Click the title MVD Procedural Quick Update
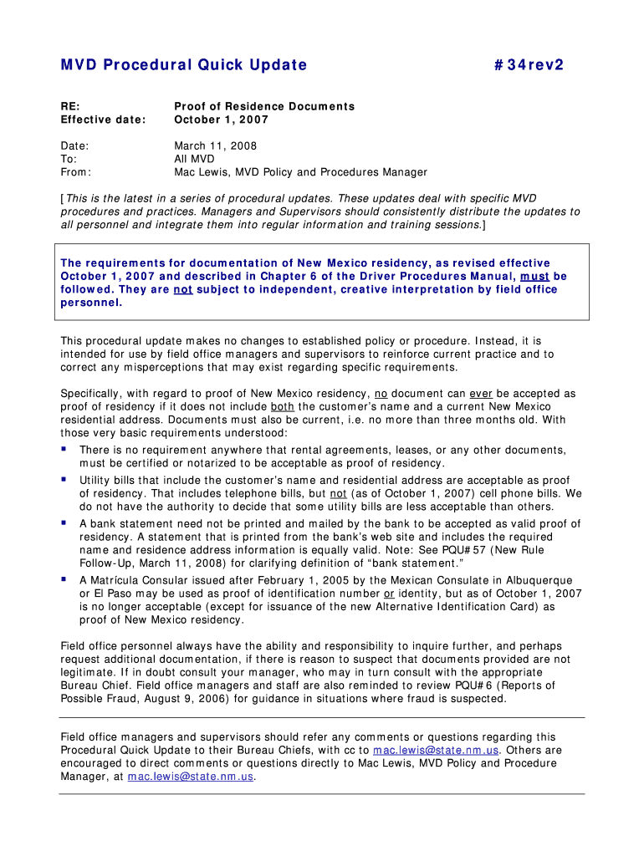coord(184,64)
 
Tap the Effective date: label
coord(103,120)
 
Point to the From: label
coord(76,172)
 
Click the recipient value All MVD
coord(194,159)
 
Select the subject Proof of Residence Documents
coord(264,106)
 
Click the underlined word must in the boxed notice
coord(534,276)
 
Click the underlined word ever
coord(480,393)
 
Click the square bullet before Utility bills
coord(64,480)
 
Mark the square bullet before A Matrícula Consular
coord(64,578)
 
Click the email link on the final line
coord(190,777)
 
